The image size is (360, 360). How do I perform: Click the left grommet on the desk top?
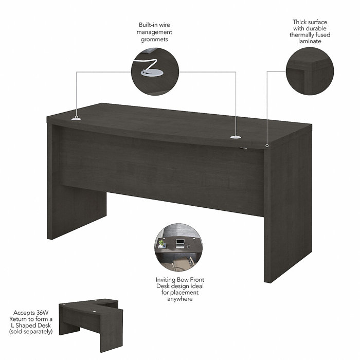[76, 119]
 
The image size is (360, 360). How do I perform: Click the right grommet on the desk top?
[236, 137]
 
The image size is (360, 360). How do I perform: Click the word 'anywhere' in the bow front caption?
[176, 299]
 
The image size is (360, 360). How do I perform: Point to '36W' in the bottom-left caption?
[45, 312]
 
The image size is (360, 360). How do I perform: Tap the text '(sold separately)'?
[31, 332]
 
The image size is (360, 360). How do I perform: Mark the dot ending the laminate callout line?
[267, 146]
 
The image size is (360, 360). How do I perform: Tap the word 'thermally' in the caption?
[302, 35]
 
